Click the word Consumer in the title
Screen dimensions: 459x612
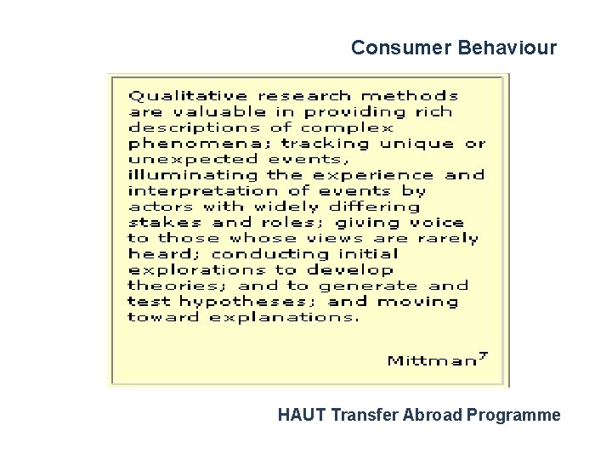390,48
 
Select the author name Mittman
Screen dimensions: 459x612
431,360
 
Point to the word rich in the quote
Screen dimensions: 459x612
433,112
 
